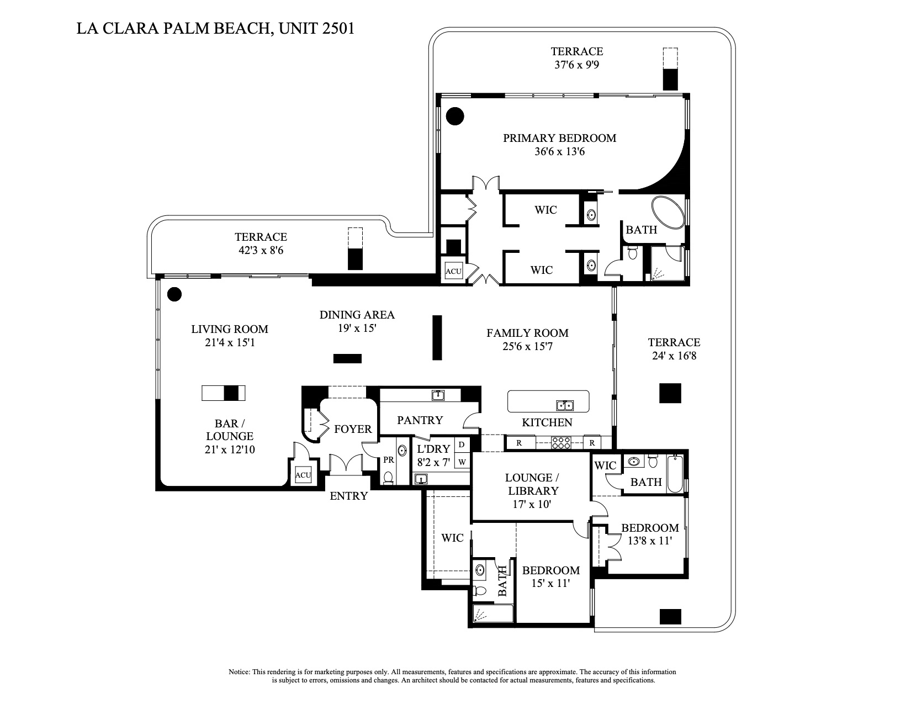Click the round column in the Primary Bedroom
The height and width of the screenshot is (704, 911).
click(x=455, y=116)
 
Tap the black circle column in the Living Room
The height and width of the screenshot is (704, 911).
click(x=174, y=294)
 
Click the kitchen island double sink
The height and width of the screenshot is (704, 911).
click(x=565, y=405)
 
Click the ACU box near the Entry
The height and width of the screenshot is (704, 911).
click(x=303, y=475)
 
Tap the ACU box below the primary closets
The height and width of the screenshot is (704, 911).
click(x=454, y=272)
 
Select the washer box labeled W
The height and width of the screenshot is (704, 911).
click(x=462, y=461)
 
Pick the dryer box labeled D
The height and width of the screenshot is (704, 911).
click(x=462, y=444)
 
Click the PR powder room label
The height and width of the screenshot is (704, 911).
click(x=389, y=459)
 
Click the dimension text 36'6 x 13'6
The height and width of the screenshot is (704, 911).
click(x=559, y=151)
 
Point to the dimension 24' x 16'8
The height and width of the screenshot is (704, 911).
click(x=674, y=356)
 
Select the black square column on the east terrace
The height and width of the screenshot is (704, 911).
click(x=670, y=393)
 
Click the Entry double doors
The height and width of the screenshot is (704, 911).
click(x=346, y=464)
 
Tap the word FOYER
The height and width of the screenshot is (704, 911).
click(x=353, y=429)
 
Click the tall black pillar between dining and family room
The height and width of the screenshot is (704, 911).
click(x=437, y=337)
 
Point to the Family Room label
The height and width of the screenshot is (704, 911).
click(x=527, y=333)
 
